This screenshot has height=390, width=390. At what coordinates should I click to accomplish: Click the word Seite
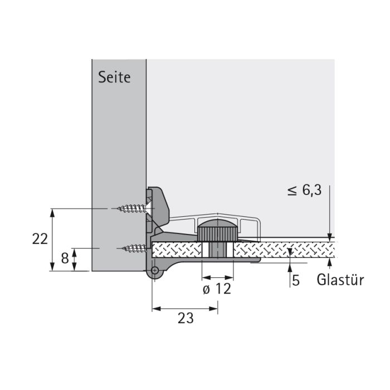(x=114, y=77)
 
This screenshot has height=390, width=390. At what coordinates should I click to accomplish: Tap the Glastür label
(x=340, y=280)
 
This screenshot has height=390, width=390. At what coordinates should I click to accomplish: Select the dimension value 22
(x=40, y=239)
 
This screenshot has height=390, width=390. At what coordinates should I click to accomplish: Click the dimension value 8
(x=65, y=258)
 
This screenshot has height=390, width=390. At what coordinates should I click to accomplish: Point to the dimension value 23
(x=186, y=318)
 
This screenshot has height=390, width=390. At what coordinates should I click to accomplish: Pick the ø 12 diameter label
(x=217, y=289)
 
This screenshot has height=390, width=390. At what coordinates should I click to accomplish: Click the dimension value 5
(x=296, y=280)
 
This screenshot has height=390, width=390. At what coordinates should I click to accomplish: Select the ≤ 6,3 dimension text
(x=304, y=191)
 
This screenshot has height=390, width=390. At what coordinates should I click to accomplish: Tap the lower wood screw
(x=134, y=248)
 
